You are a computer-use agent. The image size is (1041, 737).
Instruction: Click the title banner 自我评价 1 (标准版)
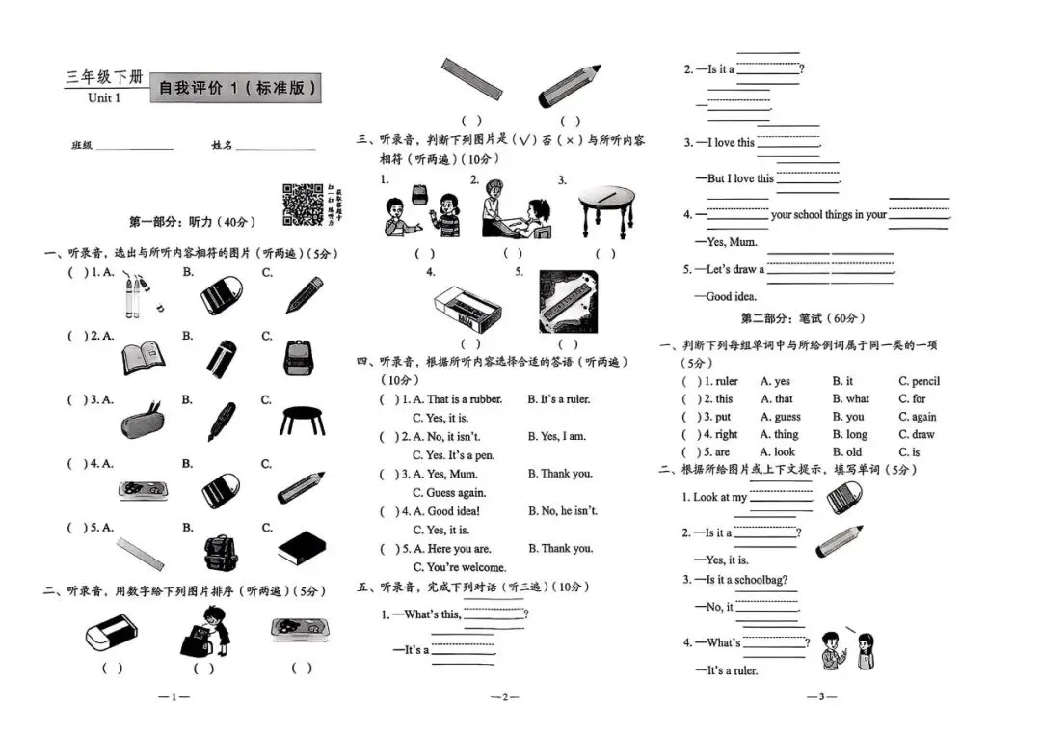[x=235, y=89]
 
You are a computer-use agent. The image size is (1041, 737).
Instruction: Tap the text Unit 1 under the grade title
[x=104, y=97]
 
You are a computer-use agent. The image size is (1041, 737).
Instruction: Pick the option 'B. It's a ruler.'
[x=558, y=399]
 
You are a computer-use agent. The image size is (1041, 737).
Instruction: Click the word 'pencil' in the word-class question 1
[x=919, y=381]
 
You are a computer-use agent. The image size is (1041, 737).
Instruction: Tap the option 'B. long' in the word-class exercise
[x=850, y=434]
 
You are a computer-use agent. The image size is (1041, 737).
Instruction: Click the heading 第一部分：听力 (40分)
[x=192, y=222]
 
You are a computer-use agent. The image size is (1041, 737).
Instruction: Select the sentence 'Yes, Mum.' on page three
[x=732, y=242]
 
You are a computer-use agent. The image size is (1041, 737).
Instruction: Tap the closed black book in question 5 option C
[x=304, y=551]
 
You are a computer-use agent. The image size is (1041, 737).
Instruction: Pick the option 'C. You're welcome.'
[x=460, y=567]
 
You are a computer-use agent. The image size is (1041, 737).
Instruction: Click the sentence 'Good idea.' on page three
[x=732, y=297]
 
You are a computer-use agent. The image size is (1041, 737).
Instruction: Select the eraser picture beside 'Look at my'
[x=844, y=499]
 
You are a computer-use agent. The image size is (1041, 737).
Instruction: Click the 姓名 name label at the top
[x=222, y=146]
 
